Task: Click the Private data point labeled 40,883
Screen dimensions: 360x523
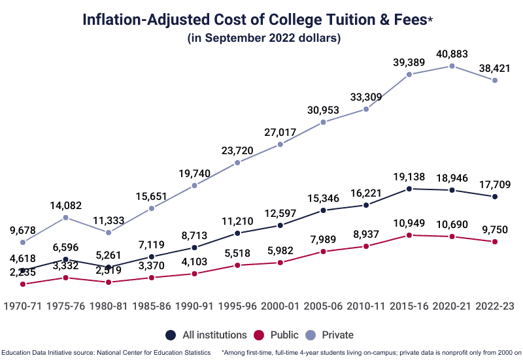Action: tap(452, 66)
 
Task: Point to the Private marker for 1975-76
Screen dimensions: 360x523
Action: tap(66, 218)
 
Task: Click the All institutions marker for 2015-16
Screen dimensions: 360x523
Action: tap(409, 189)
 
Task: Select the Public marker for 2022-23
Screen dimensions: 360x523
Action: tap(495, 242)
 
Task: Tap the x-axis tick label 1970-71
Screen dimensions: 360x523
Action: tap(24, 305)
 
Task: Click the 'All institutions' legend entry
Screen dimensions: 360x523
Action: tap(206, 335)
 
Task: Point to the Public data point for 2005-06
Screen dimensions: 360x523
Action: tap(324, 251)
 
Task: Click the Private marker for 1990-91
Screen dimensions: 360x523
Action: tap(195, 186)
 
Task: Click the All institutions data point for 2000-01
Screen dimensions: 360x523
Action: tap(280, 225)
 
